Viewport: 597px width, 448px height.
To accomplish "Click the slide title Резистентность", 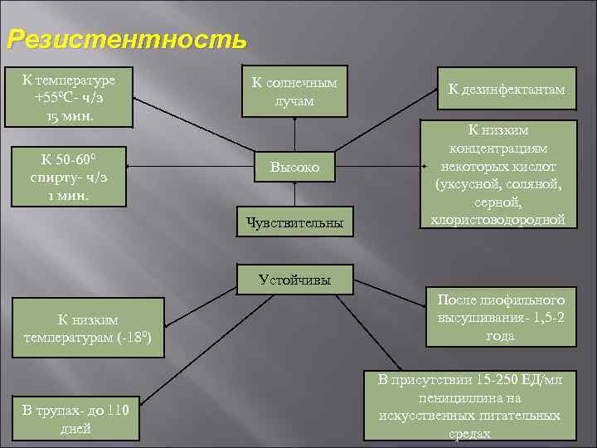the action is point(126,39).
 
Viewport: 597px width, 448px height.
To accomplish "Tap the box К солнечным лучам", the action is point(294,91).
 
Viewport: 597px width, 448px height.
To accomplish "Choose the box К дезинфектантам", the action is point(507,90).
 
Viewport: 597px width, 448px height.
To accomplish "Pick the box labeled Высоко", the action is point(294,168).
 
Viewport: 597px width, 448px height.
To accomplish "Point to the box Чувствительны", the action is point(294,221).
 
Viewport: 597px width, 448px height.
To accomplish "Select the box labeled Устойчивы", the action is point(294,280).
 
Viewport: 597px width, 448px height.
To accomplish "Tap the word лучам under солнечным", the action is point(294,100).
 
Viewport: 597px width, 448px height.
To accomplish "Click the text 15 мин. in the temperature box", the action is point(70,115).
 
